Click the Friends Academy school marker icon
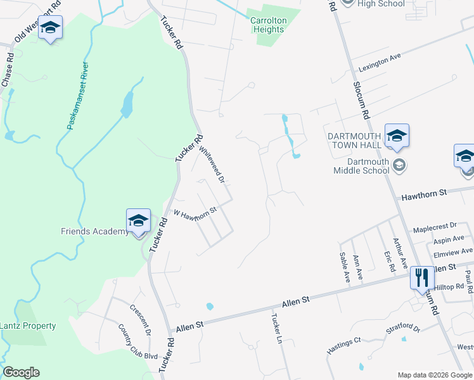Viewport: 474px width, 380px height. tap(138, 221)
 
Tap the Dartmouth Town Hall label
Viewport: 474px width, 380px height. tap(354, 141)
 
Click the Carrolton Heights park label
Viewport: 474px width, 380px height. tap(268, 25)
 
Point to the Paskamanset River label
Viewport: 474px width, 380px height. tap(76, 96)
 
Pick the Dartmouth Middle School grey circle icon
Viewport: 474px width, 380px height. tap(399, 166)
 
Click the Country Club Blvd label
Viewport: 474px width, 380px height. tap(138, 342)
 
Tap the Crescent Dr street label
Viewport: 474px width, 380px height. tap(140, 319)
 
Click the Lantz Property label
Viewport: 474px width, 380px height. tap(28, 326)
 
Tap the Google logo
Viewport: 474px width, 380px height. tap(21, 372)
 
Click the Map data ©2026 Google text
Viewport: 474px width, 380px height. tap(435, 375)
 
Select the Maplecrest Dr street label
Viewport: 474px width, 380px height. tap(435, 226)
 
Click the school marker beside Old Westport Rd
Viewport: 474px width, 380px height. tap(50, 28)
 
